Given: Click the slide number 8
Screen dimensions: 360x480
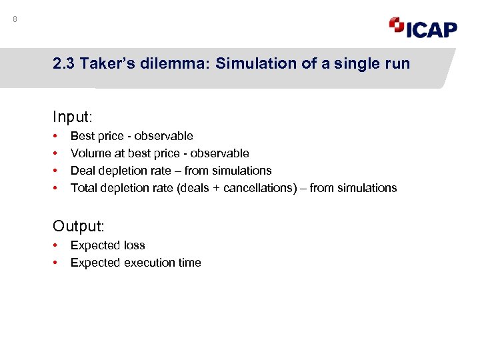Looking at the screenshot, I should pos(15,19).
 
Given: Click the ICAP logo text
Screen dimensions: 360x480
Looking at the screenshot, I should pos(431,29).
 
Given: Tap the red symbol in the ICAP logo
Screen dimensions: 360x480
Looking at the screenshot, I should pos(396,25).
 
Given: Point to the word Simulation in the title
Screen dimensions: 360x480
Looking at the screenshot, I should pos(247,65).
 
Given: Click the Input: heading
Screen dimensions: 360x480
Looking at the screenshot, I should pos(72,117).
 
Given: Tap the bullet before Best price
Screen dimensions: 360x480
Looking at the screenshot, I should pos(55,136).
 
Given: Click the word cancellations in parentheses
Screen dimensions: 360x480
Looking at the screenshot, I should pos(257,188).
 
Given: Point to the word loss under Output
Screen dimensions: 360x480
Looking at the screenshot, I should pos(133,245).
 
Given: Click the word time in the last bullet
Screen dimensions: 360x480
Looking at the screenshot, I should pos(189,263).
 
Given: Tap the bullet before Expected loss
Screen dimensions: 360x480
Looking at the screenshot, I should pos(55,245).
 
